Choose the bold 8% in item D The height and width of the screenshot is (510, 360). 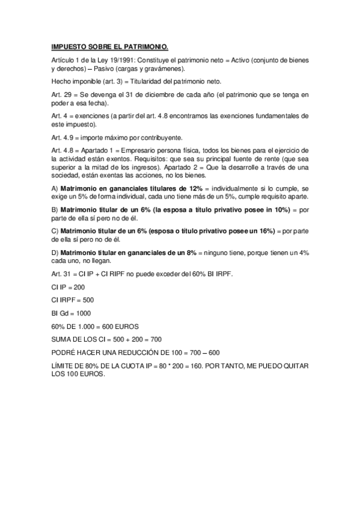178,253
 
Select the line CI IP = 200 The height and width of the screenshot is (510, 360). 68,287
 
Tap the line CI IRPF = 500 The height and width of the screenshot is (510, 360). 73,300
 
